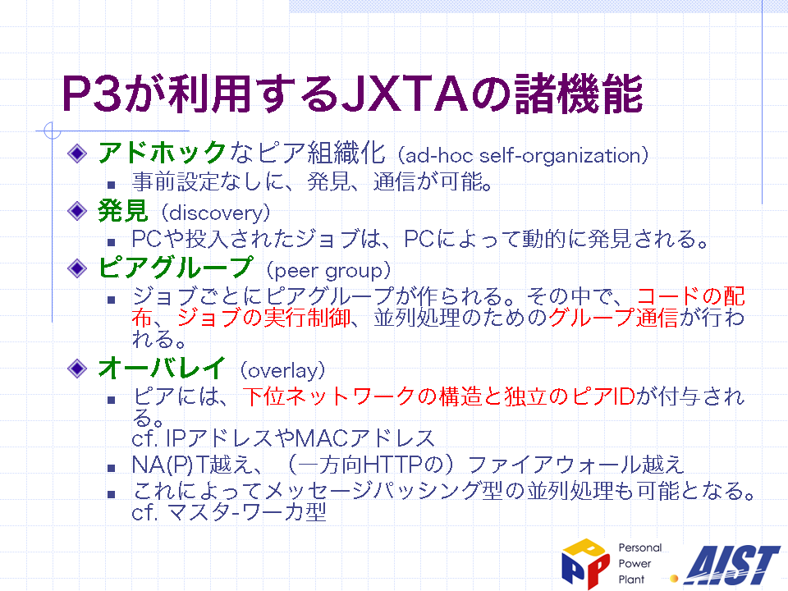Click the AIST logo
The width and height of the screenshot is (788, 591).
click(732, 566)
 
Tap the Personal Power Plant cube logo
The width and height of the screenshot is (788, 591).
click(585, 563)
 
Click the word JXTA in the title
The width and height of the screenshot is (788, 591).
click(405, 94)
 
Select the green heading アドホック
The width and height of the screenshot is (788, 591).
click(162, 153)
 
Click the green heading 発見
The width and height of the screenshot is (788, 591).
click(122, 211)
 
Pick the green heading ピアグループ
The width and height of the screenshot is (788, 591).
click(175, 268)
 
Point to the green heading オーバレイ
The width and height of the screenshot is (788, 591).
click(162, 368)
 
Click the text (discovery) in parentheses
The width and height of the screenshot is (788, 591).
click(216, 213)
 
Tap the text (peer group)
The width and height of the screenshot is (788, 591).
click(328, 270)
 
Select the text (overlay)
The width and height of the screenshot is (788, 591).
click(282, 371)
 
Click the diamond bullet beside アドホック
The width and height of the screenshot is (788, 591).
click(77, 153)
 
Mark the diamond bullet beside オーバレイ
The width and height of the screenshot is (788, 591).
click(77, 369)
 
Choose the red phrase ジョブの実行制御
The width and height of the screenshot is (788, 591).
click(263, 318)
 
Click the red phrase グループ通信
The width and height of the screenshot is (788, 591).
click(613, 318)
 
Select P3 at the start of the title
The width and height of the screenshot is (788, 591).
click(92, 94)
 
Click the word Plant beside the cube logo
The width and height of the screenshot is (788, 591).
click(631, 580)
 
